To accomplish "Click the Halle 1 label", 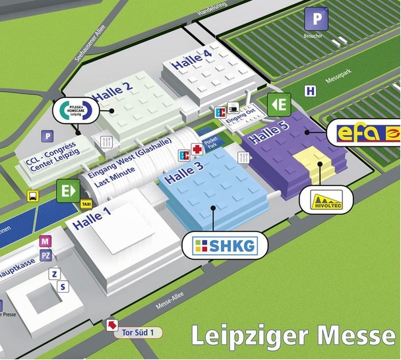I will click(89, 215).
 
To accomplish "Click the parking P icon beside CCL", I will click(47, 136).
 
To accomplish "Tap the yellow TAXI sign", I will click(86, 204).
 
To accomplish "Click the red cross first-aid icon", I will click(196, 150).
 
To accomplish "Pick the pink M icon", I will click(46, 241).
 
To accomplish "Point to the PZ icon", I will click(46, 255).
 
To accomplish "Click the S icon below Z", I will click(63, 286).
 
